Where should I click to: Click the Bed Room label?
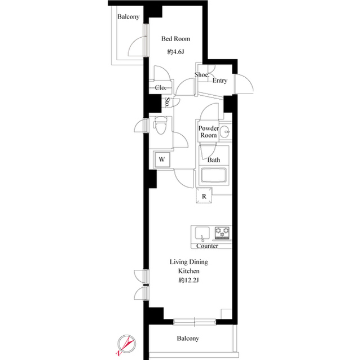click(x=175, y=39)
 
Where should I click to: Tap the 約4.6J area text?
click(x=175, y=52)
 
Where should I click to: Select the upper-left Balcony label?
click(x=128, y=17)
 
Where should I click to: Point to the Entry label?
click(x=220, y=81)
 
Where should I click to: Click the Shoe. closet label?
click(x=202, y=75)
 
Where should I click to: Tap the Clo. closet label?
click(x=160, y=88)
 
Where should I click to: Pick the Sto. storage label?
click(x=168, y=103)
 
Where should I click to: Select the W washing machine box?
click(x=161, y=160)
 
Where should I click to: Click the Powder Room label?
click(x=208, y=132)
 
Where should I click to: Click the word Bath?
click(x=214, y=160)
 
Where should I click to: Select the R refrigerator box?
click(x=205, y=196)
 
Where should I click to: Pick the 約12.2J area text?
click(x=186, y=280)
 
